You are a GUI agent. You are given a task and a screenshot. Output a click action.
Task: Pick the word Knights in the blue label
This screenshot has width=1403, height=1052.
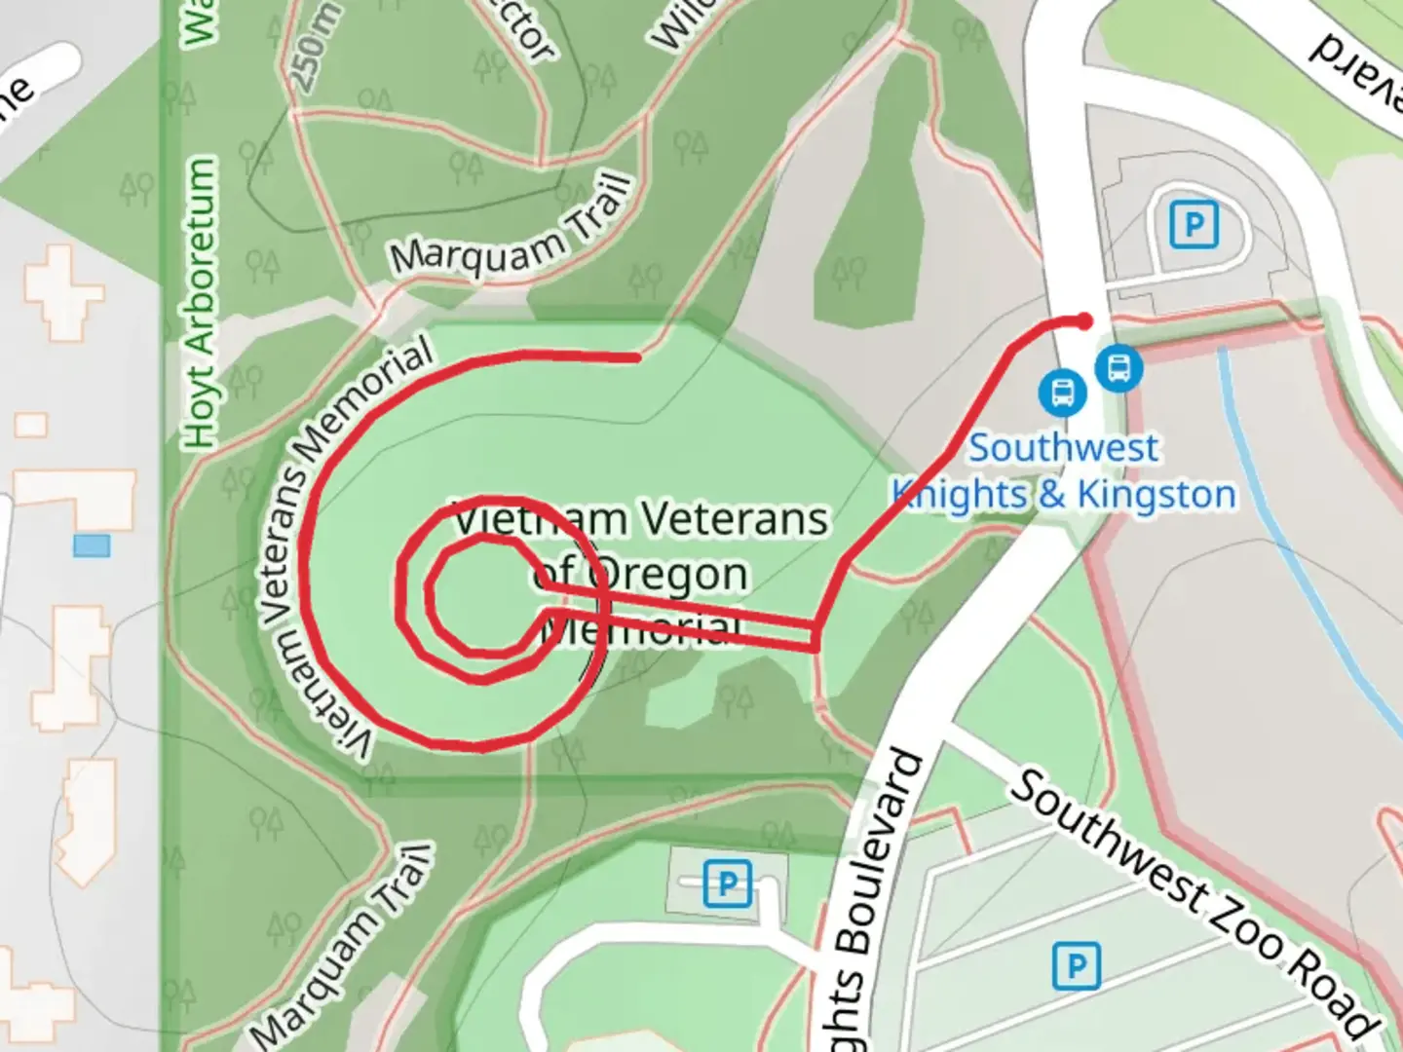coord(959,495)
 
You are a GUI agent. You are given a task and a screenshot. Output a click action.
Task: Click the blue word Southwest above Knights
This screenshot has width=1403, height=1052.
coord(1064,448)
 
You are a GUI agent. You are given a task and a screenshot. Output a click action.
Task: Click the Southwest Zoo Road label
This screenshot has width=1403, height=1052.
coord(1193,902)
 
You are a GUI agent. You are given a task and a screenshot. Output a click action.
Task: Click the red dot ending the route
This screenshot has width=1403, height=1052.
coord(1084,321)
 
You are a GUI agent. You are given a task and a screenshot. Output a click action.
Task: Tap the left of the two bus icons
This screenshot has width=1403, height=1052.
coord(1061,393)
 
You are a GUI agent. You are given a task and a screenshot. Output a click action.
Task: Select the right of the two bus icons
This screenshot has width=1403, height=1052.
coord(1119,368)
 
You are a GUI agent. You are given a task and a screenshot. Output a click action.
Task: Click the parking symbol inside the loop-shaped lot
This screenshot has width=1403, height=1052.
coord(1194,225)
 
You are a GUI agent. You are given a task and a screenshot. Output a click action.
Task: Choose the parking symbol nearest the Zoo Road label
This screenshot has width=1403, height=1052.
coord(1076,967)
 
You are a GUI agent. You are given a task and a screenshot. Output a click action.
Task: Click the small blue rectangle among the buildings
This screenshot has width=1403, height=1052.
coord(92,545)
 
